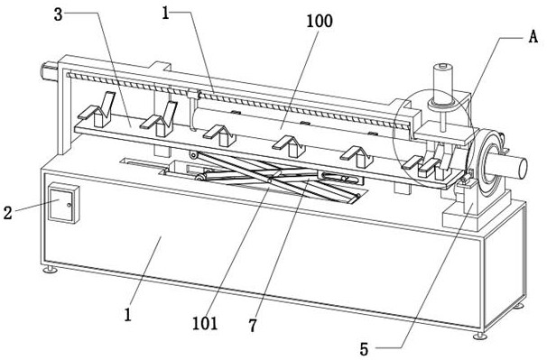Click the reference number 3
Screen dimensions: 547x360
point(59,14)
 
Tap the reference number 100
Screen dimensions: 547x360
point(320,21)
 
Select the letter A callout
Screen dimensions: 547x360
point(533,36)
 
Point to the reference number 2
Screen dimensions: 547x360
point(8,212)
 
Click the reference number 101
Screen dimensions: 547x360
point(205,323)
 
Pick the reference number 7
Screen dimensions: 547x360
point(253,326)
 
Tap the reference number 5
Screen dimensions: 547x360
point(364,349)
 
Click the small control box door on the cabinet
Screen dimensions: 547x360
point(61,205)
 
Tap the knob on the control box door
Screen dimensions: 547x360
point(70,205)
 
